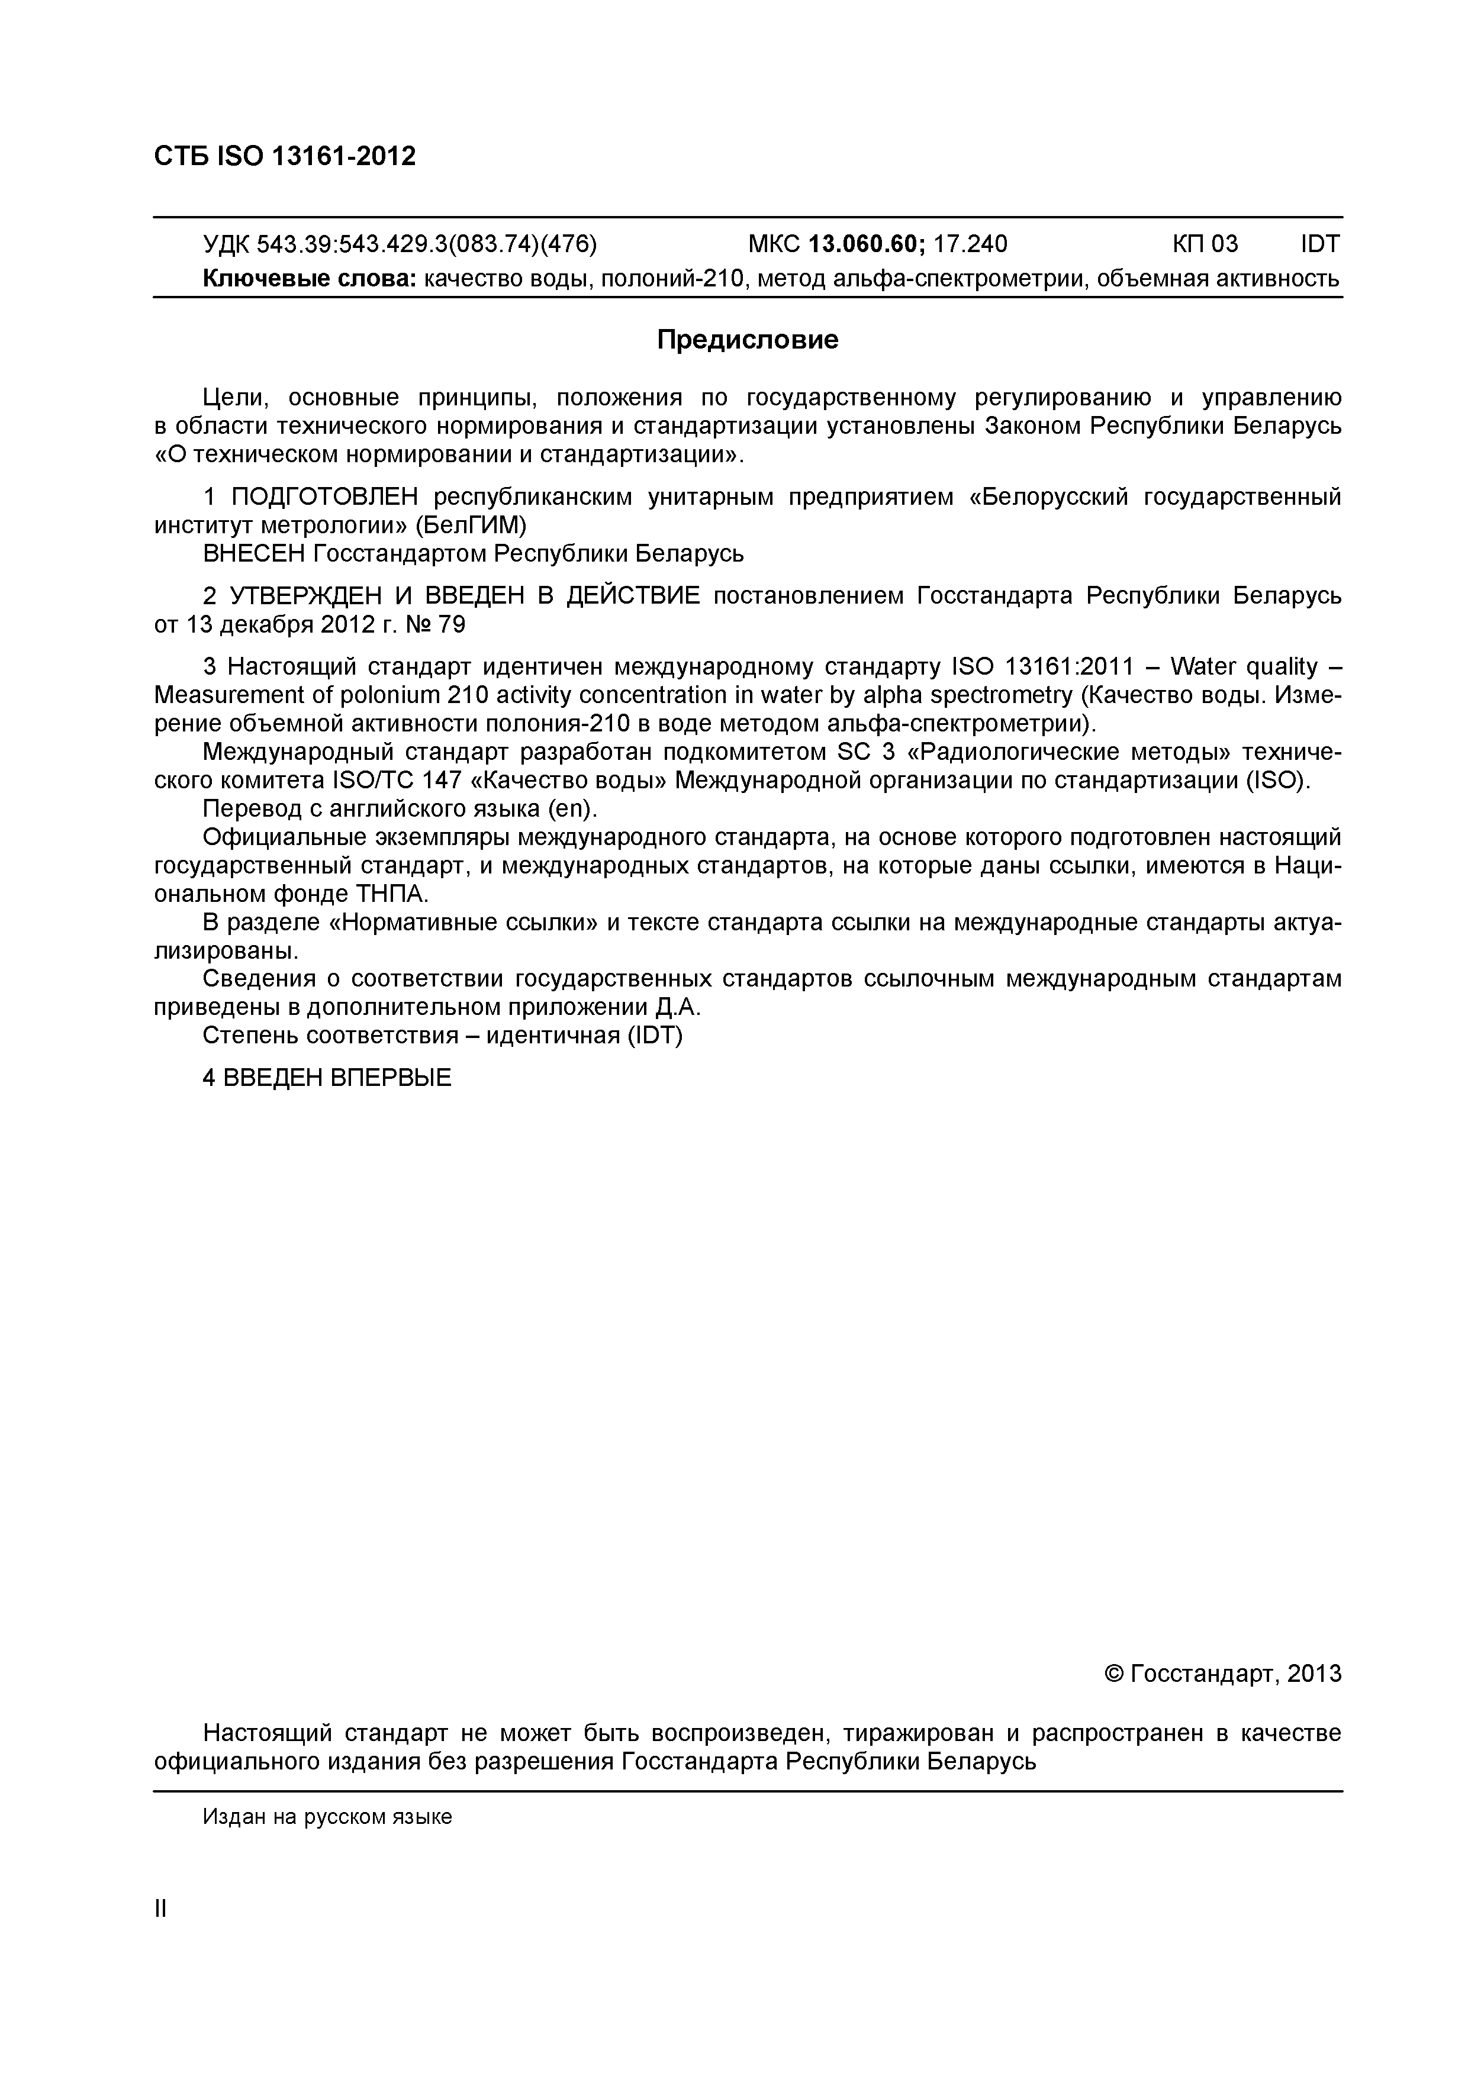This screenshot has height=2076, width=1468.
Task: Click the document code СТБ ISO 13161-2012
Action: [x=285, y=156]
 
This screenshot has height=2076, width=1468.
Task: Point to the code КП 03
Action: [x=1205, y=244]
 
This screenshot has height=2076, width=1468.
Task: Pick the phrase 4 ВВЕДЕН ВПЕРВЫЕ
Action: [x=327, y=1078]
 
